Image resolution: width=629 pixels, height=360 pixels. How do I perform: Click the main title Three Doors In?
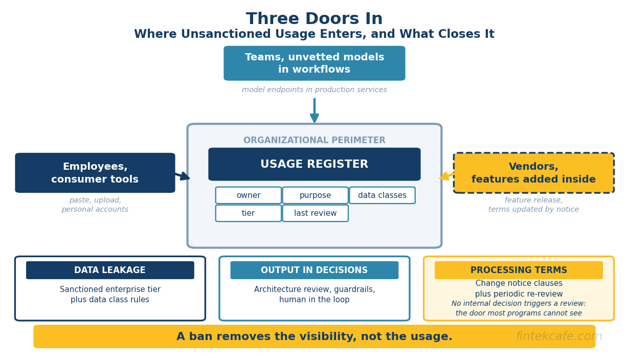tap(314, 19)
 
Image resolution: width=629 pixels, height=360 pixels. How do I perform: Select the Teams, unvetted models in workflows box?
tap(314, 63)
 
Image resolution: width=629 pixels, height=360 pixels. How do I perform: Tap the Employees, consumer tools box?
tap(95, 173)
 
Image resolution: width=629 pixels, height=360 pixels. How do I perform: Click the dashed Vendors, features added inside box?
tap(533, 173)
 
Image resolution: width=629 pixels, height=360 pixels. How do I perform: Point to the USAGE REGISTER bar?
tap(314, 164)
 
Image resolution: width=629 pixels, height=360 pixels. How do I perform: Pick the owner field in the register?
tap(248, 195)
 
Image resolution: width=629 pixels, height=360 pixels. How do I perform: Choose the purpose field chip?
tap(316, 195)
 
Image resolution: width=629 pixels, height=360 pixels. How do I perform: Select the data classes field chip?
tap(382, 195)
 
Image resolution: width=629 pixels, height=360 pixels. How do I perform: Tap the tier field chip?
tap(248, 213)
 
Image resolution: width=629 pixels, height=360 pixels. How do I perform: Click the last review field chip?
tap(316, 213)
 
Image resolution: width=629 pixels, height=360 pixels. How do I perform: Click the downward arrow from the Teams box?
tap(314, 110)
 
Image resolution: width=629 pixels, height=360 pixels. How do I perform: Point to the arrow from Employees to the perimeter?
tap(183, 176)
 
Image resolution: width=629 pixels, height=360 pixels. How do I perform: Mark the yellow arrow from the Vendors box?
tap(446, 176)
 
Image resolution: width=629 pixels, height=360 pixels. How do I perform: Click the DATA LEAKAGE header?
tap(110, 270)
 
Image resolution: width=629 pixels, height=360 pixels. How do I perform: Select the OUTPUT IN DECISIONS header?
tap(314, 270)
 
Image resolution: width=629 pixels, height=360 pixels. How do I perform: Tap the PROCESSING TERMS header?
tap(519, 270)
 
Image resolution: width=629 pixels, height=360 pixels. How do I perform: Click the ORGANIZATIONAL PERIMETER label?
tap(314, 140)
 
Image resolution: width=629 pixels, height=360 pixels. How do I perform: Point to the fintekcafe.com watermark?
tap(559, 336)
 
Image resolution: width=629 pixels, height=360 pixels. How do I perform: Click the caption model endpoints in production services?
tap(314, 89)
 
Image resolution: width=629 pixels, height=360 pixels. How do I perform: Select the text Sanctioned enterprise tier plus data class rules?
tap(110, 295)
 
